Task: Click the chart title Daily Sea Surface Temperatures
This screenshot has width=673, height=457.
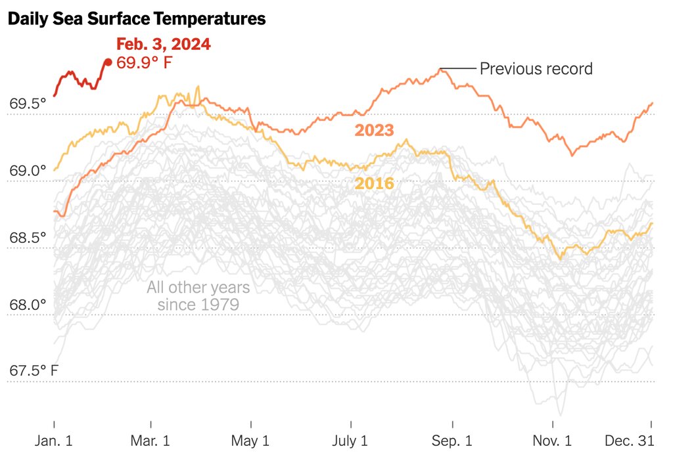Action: (137, 19)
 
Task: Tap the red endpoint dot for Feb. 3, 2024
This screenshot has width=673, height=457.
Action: (108, 62)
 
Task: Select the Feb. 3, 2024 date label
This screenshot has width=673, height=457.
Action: (164, 45)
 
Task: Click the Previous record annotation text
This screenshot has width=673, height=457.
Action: (536, 68)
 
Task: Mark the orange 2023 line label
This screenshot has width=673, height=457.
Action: (375, 130)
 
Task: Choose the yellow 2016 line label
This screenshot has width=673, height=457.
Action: (375, 183)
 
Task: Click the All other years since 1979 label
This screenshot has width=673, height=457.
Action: (198, 295)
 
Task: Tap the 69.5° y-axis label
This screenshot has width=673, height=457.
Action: (28, 104)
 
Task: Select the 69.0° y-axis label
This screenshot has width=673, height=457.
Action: (28, 171)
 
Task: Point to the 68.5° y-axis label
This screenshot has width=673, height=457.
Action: (28, 238)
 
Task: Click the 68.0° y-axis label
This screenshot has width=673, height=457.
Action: (28, 305)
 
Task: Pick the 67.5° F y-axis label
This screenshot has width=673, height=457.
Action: (34, 371)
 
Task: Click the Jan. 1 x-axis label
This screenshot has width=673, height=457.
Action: (53, 440)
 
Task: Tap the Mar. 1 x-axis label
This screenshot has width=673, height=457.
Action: (151, 440)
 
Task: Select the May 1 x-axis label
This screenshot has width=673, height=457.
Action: (251, 440)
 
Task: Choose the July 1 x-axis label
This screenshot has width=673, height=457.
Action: (350, 440)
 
